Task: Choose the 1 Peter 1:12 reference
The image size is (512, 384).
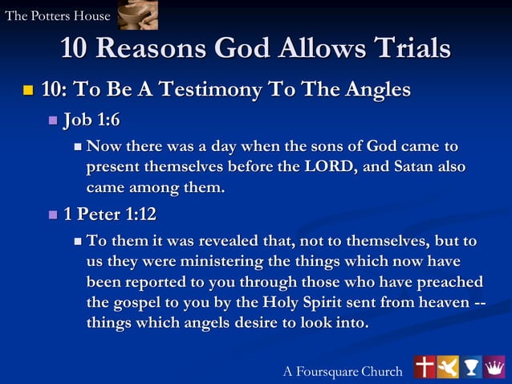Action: point(110,214)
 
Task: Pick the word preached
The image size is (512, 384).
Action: point(449,282)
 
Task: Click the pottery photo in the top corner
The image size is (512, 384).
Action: point(137,14)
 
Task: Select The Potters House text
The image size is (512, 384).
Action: point(58,16)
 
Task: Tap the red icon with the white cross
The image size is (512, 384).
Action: point(425,366)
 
